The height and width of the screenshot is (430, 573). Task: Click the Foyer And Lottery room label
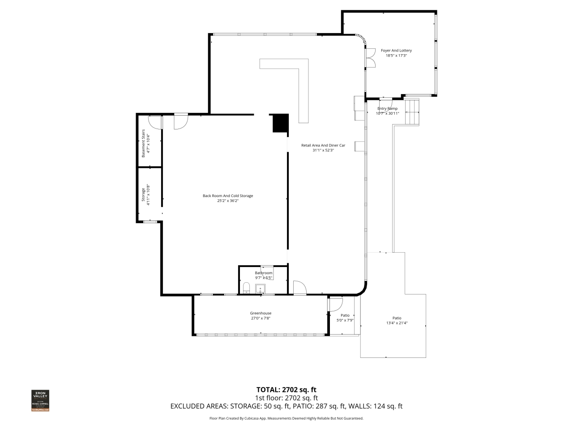point(396,51)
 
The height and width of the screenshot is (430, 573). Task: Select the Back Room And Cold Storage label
point(228,196)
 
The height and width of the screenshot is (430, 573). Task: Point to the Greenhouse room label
point(261,313)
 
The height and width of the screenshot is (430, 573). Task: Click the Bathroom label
point(264,273)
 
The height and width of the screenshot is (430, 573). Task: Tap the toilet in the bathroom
point(246,287)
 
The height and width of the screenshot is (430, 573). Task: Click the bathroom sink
point(260,288)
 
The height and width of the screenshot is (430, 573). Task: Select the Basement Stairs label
point(143,143)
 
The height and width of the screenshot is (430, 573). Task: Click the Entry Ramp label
point(387,108)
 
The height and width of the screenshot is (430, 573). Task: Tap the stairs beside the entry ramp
point(412,112)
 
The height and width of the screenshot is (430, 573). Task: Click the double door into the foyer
point(370,57)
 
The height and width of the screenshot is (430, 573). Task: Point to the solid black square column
point(280,123)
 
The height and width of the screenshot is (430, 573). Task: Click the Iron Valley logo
point(40,400)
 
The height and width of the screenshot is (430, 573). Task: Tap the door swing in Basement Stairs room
point(154,122)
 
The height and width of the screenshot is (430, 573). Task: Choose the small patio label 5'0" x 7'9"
point(345,320)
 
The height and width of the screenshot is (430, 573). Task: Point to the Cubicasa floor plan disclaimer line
point(286,418)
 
